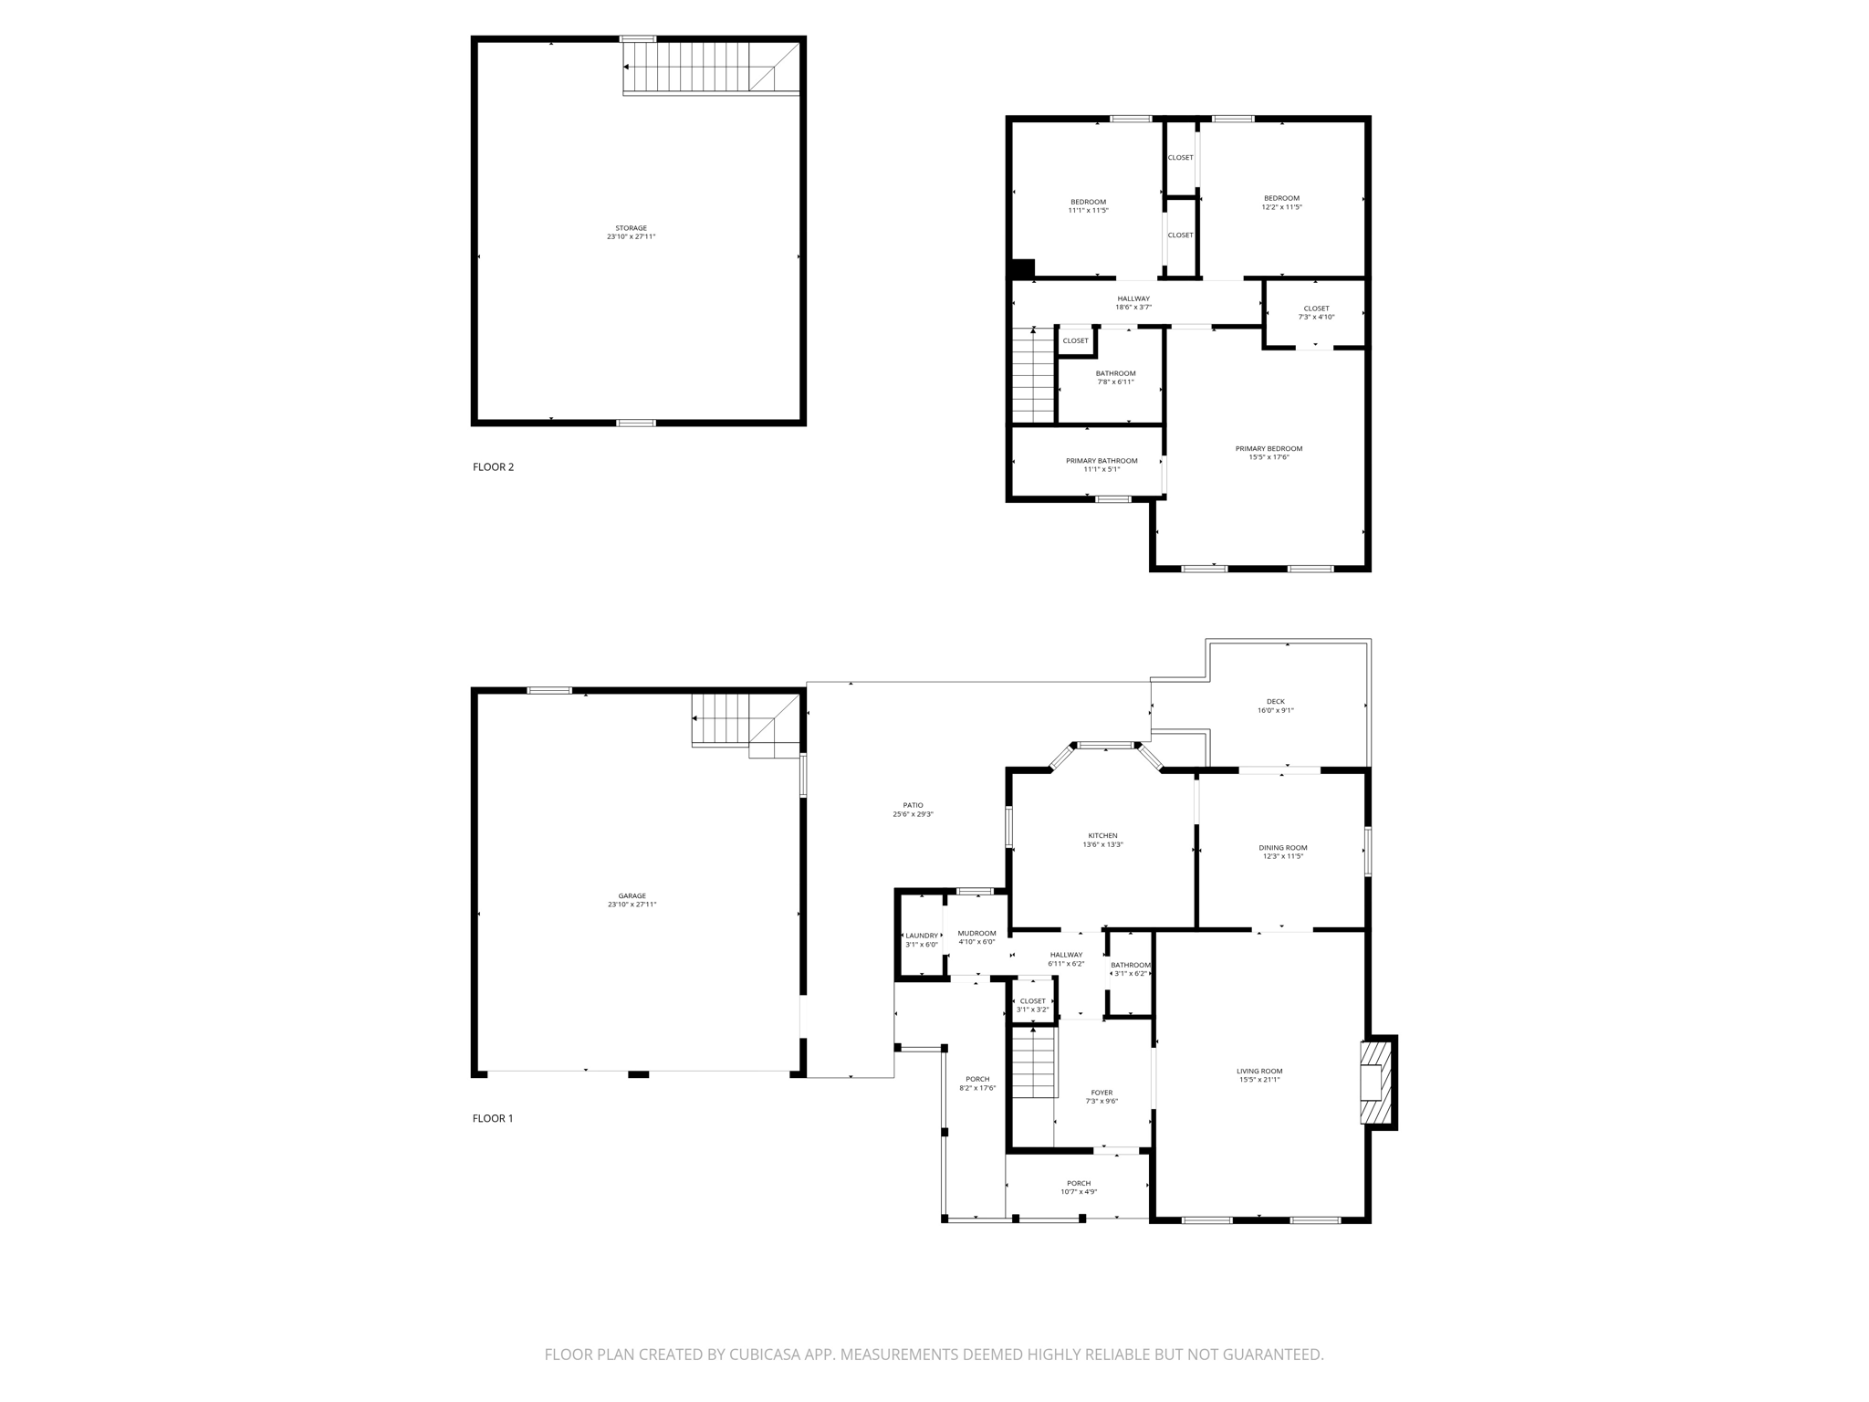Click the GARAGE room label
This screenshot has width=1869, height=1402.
[632, 895]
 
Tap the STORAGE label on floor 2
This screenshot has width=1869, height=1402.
[631, 228]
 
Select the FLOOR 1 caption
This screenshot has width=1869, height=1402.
[493, 1118]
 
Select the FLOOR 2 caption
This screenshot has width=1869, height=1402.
[493, 467]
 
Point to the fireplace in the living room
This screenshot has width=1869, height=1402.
[1376, 1083]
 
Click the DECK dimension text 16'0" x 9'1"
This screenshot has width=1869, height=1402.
[1275, 710]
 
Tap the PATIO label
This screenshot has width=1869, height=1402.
[913, 805]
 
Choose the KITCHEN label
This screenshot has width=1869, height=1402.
[1102, 835]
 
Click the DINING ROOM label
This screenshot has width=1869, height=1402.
[1282, 847]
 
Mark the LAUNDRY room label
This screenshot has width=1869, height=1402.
[921, 935]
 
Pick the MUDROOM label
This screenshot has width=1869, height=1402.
[976, 933]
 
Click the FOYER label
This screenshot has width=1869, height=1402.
[1102, 1093]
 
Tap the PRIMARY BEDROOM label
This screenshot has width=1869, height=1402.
[1269, 448]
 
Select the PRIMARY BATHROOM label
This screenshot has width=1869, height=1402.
[1102, 460]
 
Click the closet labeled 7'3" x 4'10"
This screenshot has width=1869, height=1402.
[1316, 312]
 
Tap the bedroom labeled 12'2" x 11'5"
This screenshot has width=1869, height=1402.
[1281, 202]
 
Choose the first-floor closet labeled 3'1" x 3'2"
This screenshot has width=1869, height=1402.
[1033, 1005]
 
